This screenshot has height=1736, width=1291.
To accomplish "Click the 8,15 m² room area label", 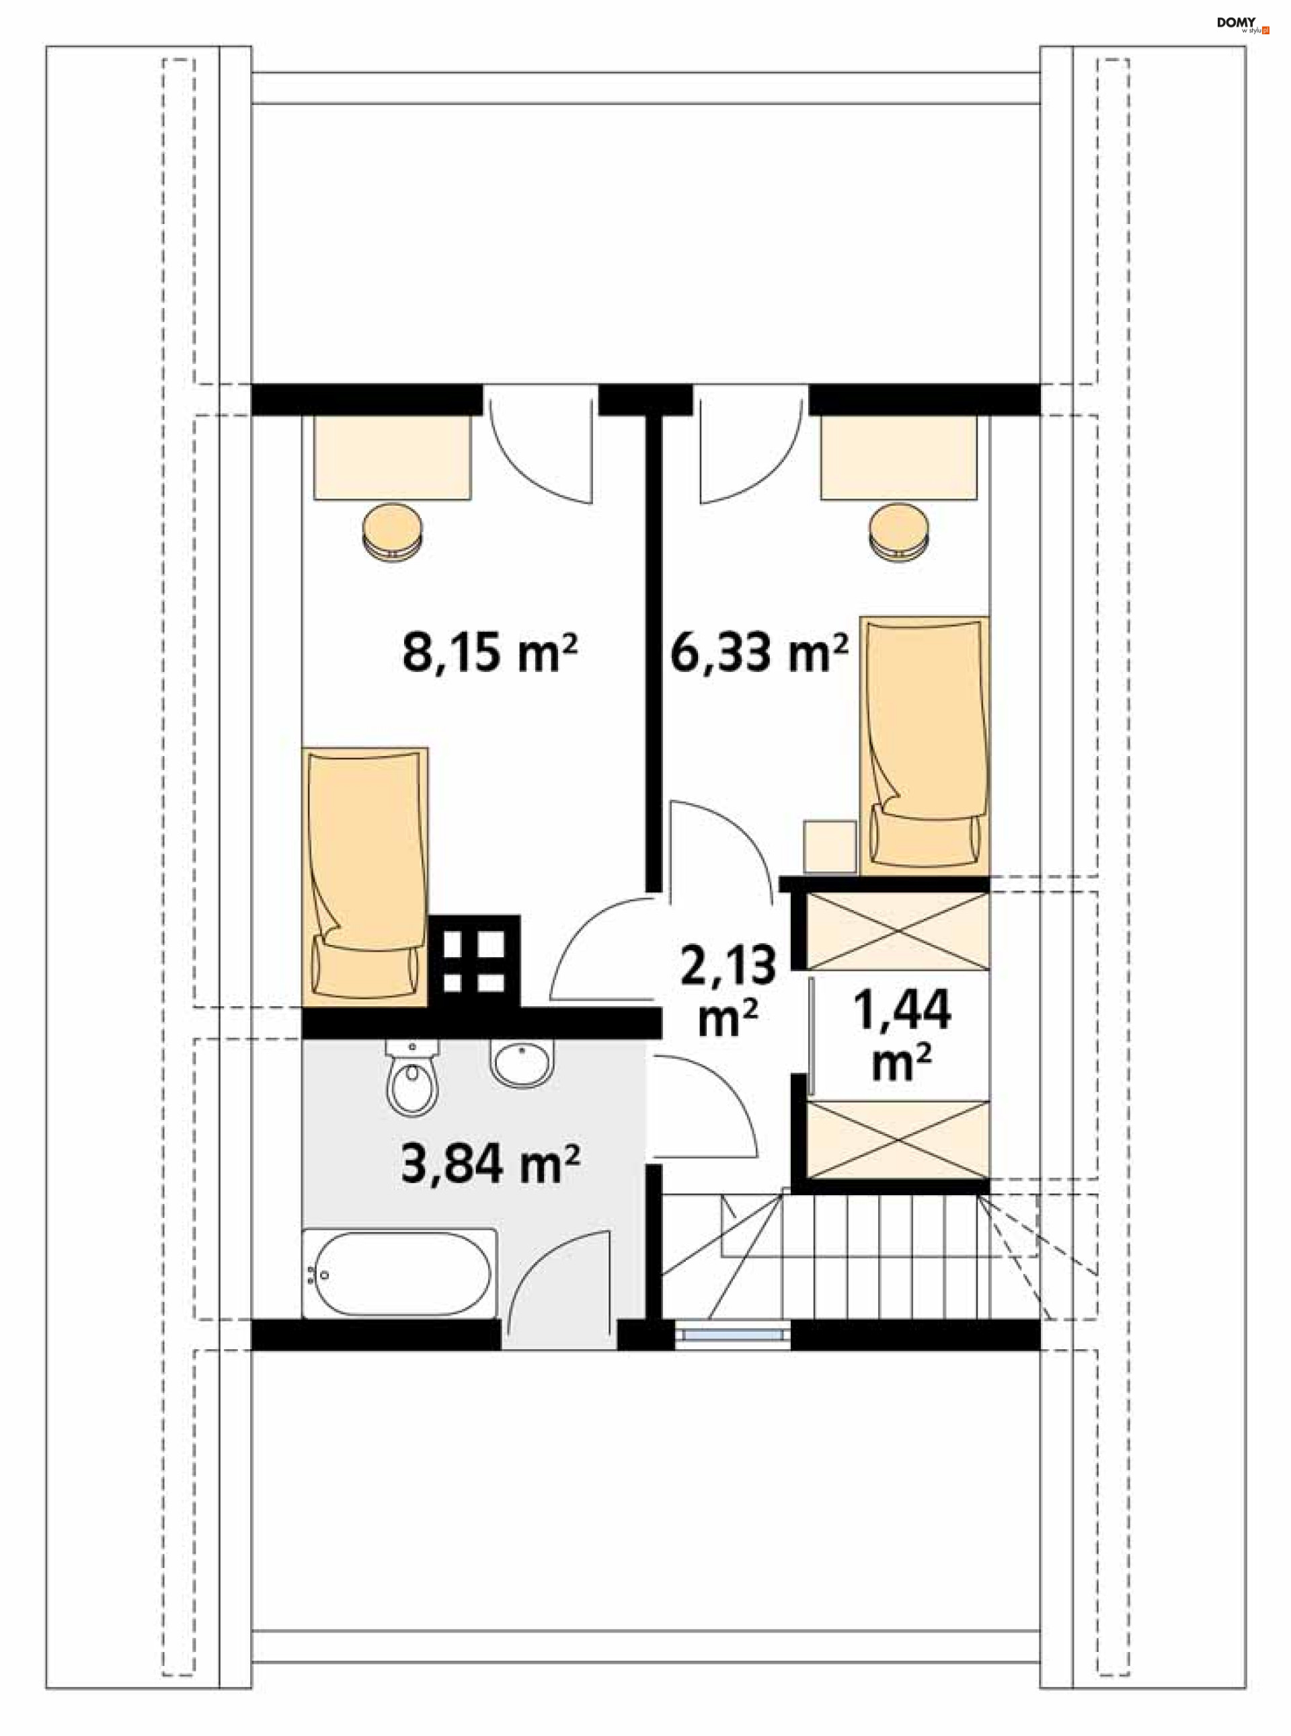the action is click(x=490, y=652).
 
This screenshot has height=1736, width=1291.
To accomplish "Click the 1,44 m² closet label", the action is click(x=902, y=1033).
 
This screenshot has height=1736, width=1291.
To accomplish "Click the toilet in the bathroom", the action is click(x=413, y=1079).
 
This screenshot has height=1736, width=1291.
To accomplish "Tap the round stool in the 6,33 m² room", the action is click(x=900, y=531).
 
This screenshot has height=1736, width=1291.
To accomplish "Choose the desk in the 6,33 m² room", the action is click(x=899, y=457).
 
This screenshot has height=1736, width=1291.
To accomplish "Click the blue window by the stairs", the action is click(x=732, y=1335).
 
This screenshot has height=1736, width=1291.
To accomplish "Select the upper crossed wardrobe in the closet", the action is click(x=898, y=932).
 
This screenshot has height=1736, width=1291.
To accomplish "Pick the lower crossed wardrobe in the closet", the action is click(x=898, y=1139).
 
